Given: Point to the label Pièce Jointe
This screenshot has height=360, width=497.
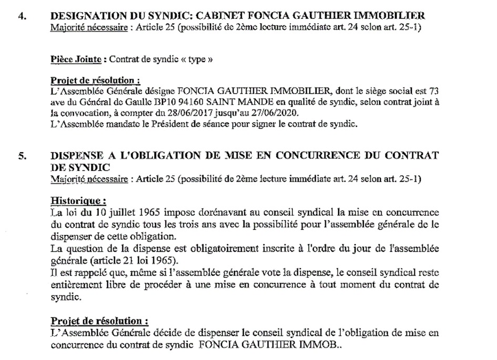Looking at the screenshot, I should [x=76, y=59].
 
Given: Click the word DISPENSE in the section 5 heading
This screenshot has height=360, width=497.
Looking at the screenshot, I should [x=78, y=157].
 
